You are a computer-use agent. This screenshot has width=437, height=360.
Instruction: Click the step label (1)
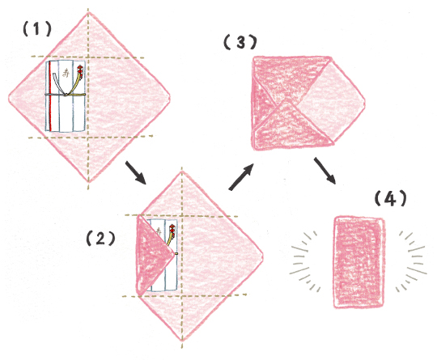coord(37,29)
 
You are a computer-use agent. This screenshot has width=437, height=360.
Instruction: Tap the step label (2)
coord(100,239)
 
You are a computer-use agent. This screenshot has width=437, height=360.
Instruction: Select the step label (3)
coord(240,42)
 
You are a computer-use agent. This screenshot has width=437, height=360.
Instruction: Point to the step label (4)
coord(390,199)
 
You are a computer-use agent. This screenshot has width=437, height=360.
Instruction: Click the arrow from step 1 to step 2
coord(135,173)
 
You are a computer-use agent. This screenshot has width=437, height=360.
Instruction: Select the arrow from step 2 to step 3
coord(241,177)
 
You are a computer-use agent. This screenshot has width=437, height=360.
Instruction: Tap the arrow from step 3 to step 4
coord(325,171)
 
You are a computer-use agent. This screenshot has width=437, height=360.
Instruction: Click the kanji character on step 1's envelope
coord(66,74)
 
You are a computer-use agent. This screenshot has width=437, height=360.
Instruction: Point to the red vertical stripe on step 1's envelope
coord(50,95)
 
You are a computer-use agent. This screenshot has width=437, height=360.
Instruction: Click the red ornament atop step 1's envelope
coord(80,69)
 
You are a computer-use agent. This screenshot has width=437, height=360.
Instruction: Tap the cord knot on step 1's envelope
coord(66,95)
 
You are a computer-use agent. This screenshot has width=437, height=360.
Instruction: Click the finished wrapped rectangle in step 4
coord(359,262)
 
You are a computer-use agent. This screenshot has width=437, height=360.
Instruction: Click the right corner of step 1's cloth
coord(170,98)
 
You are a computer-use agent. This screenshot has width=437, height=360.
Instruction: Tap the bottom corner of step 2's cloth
coord(182,341)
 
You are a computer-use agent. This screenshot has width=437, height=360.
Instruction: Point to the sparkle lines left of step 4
coord(305,261)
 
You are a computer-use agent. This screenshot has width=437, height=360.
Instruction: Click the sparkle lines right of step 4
coord(411,261)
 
